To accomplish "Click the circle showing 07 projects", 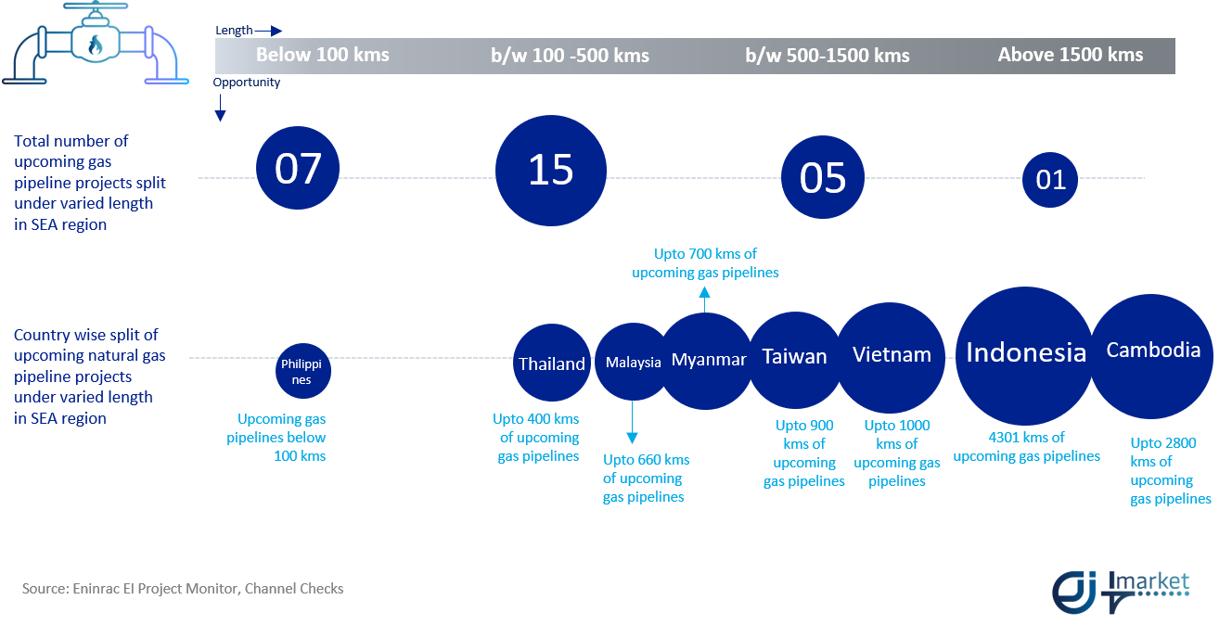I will tap(298, 168).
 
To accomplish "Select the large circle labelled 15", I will tap(551, 171).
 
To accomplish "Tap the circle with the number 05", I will tap(823, 177).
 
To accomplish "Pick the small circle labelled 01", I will tap(1050, 179).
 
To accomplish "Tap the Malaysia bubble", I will tap(633, 362).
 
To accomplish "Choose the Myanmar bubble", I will tap(708, 361).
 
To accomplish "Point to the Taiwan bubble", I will tap(794, 358).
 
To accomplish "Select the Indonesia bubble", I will tap(1025, 354).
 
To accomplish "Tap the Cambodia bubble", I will tap(1152, 352).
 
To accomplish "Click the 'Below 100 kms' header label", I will tap(323, 55).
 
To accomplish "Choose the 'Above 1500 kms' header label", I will tap(1070, 55).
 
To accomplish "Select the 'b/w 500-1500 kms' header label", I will tap(828, 56).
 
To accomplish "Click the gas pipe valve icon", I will tap(96, 46).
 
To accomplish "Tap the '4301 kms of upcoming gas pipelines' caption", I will tap(1026, 447).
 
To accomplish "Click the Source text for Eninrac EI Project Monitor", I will tap(183, 589).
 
